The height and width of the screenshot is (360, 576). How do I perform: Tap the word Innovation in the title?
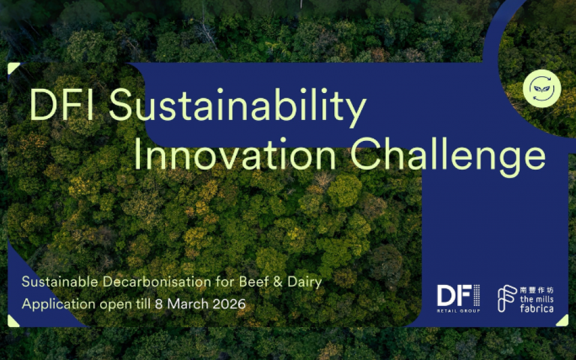coord(235,154)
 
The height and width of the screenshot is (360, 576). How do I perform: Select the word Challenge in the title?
coord(448,157)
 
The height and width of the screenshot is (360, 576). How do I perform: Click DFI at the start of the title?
coord(61,104)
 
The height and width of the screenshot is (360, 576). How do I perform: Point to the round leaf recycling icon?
coord(542,88)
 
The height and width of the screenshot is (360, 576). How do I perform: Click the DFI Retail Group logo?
coord(458,298)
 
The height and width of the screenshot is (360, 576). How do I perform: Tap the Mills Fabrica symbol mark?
coord(507,298)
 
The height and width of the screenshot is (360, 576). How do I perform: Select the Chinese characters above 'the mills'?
coord(536,290)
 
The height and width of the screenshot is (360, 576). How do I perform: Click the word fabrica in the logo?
coord(536,308)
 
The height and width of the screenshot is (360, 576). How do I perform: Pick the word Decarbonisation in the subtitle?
coord(157,282)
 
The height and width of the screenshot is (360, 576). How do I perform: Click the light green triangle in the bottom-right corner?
coord(564,322)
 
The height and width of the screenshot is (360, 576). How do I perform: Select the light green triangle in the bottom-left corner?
coord(12,322)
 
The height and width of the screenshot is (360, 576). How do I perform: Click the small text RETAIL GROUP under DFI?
coord(458,311)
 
